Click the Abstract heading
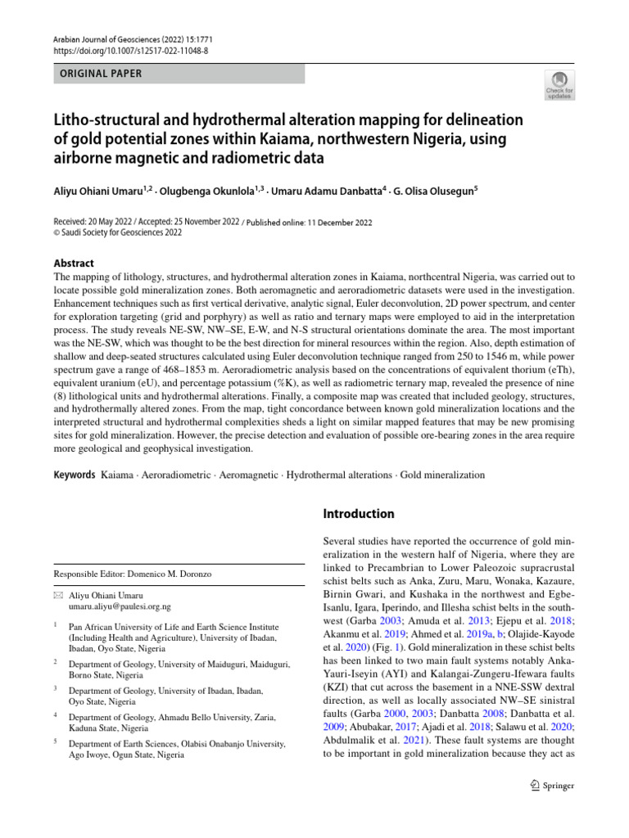pos(74,263)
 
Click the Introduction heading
pos(359,514)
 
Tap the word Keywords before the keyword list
pos(75,475)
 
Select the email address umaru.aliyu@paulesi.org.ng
pos(120,607)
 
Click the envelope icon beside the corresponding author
pos(57,596)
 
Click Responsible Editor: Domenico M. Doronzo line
pos(132,574)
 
